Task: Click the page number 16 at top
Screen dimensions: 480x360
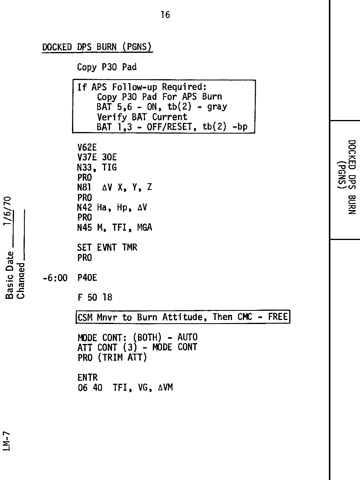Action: click(165, 15)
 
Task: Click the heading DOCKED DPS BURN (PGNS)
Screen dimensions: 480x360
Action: click(97, 47)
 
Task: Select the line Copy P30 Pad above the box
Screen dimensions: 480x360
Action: click(107, 67)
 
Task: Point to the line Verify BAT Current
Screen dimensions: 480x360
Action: click(142, 117)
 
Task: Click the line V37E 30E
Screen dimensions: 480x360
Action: click(97, 158)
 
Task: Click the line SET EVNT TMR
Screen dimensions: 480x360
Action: click(107, 248)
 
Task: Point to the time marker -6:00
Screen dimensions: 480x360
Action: click(55, 278)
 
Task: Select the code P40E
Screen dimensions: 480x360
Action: click(87, 278)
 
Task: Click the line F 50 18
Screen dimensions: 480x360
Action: click(95, 298)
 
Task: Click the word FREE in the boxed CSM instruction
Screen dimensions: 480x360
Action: click(278, 317)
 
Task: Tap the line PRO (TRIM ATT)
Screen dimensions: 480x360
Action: click(112, 358)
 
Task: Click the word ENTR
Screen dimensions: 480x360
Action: click(87, 378)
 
